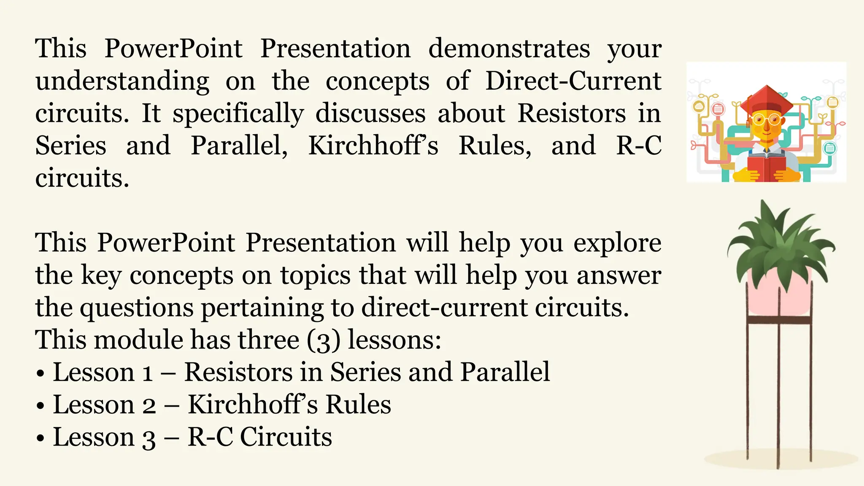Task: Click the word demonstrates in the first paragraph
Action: [509, 49]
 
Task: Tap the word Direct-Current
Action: [573, 81]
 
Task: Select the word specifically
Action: [238, 114]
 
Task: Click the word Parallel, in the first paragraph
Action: [239, 146]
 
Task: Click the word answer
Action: [618, 276]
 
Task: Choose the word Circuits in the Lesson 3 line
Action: [286, 437]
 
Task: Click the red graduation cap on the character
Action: [767, 100]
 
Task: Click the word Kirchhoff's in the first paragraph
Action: [373, 146]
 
